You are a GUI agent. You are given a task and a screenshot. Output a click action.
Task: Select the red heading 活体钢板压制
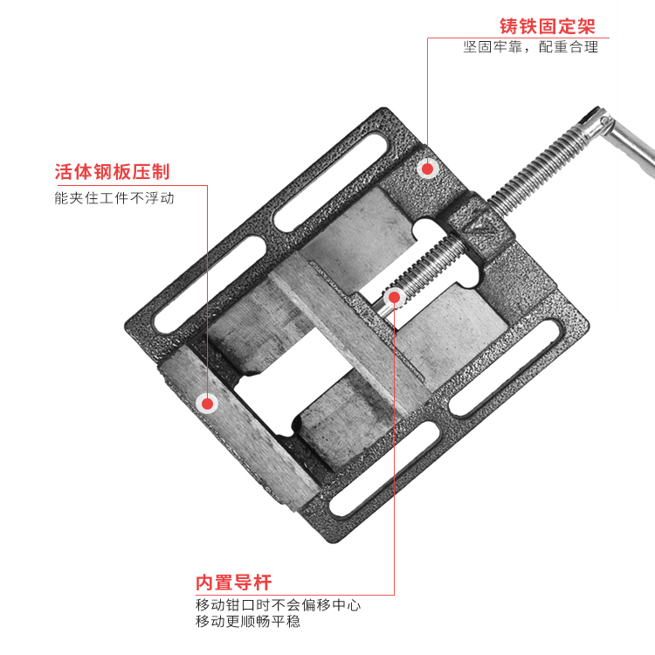coord(112,171)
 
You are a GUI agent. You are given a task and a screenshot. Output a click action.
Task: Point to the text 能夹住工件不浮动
coord(114,198)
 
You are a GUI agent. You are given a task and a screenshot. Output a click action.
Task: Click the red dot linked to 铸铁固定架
coord(427,169)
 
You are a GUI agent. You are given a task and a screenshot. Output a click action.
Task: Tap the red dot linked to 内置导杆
coord(394,298)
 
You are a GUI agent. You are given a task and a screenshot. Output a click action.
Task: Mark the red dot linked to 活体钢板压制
coord(207,403)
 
